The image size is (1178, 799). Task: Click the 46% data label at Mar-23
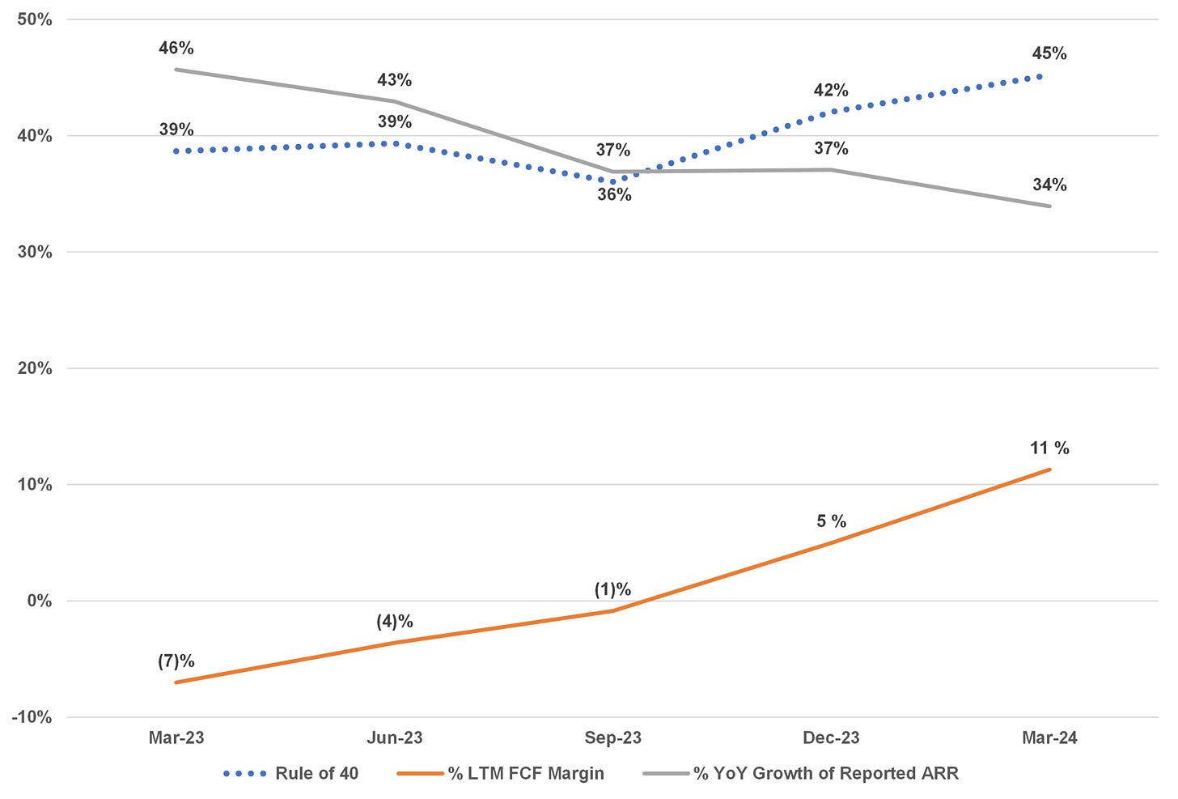[176, 49]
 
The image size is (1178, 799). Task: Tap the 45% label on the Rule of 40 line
[1049, 54]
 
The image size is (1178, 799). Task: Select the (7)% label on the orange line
[176, 661]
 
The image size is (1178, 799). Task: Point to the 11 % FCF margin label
[1049, 448]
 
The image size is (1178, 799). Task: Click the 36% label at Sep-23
[614, 195]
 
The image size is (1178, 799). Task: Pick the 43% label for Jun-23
[395, 80]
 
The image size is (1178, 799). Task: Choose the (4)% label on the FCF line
[395, 622]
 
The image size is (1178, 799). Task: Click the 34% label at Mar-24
[1049, 185]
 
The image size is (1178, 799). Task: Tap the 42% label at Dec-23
[831, 91]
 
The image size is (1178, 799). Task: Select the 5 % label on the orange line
[831, 521]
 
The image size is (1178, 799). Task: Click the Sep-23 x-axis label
[613, 738]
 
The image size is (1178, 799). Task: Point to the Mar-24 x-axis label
[1049, 738]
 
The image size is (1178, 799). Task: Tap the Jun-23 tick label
[395, 738]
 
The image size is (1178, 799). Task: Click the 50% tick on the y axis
[34, 19]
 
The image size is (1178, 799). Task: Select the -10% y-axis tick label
[32, 717]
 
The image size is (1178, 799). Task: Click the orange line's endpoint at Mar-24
[1049, 470]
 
